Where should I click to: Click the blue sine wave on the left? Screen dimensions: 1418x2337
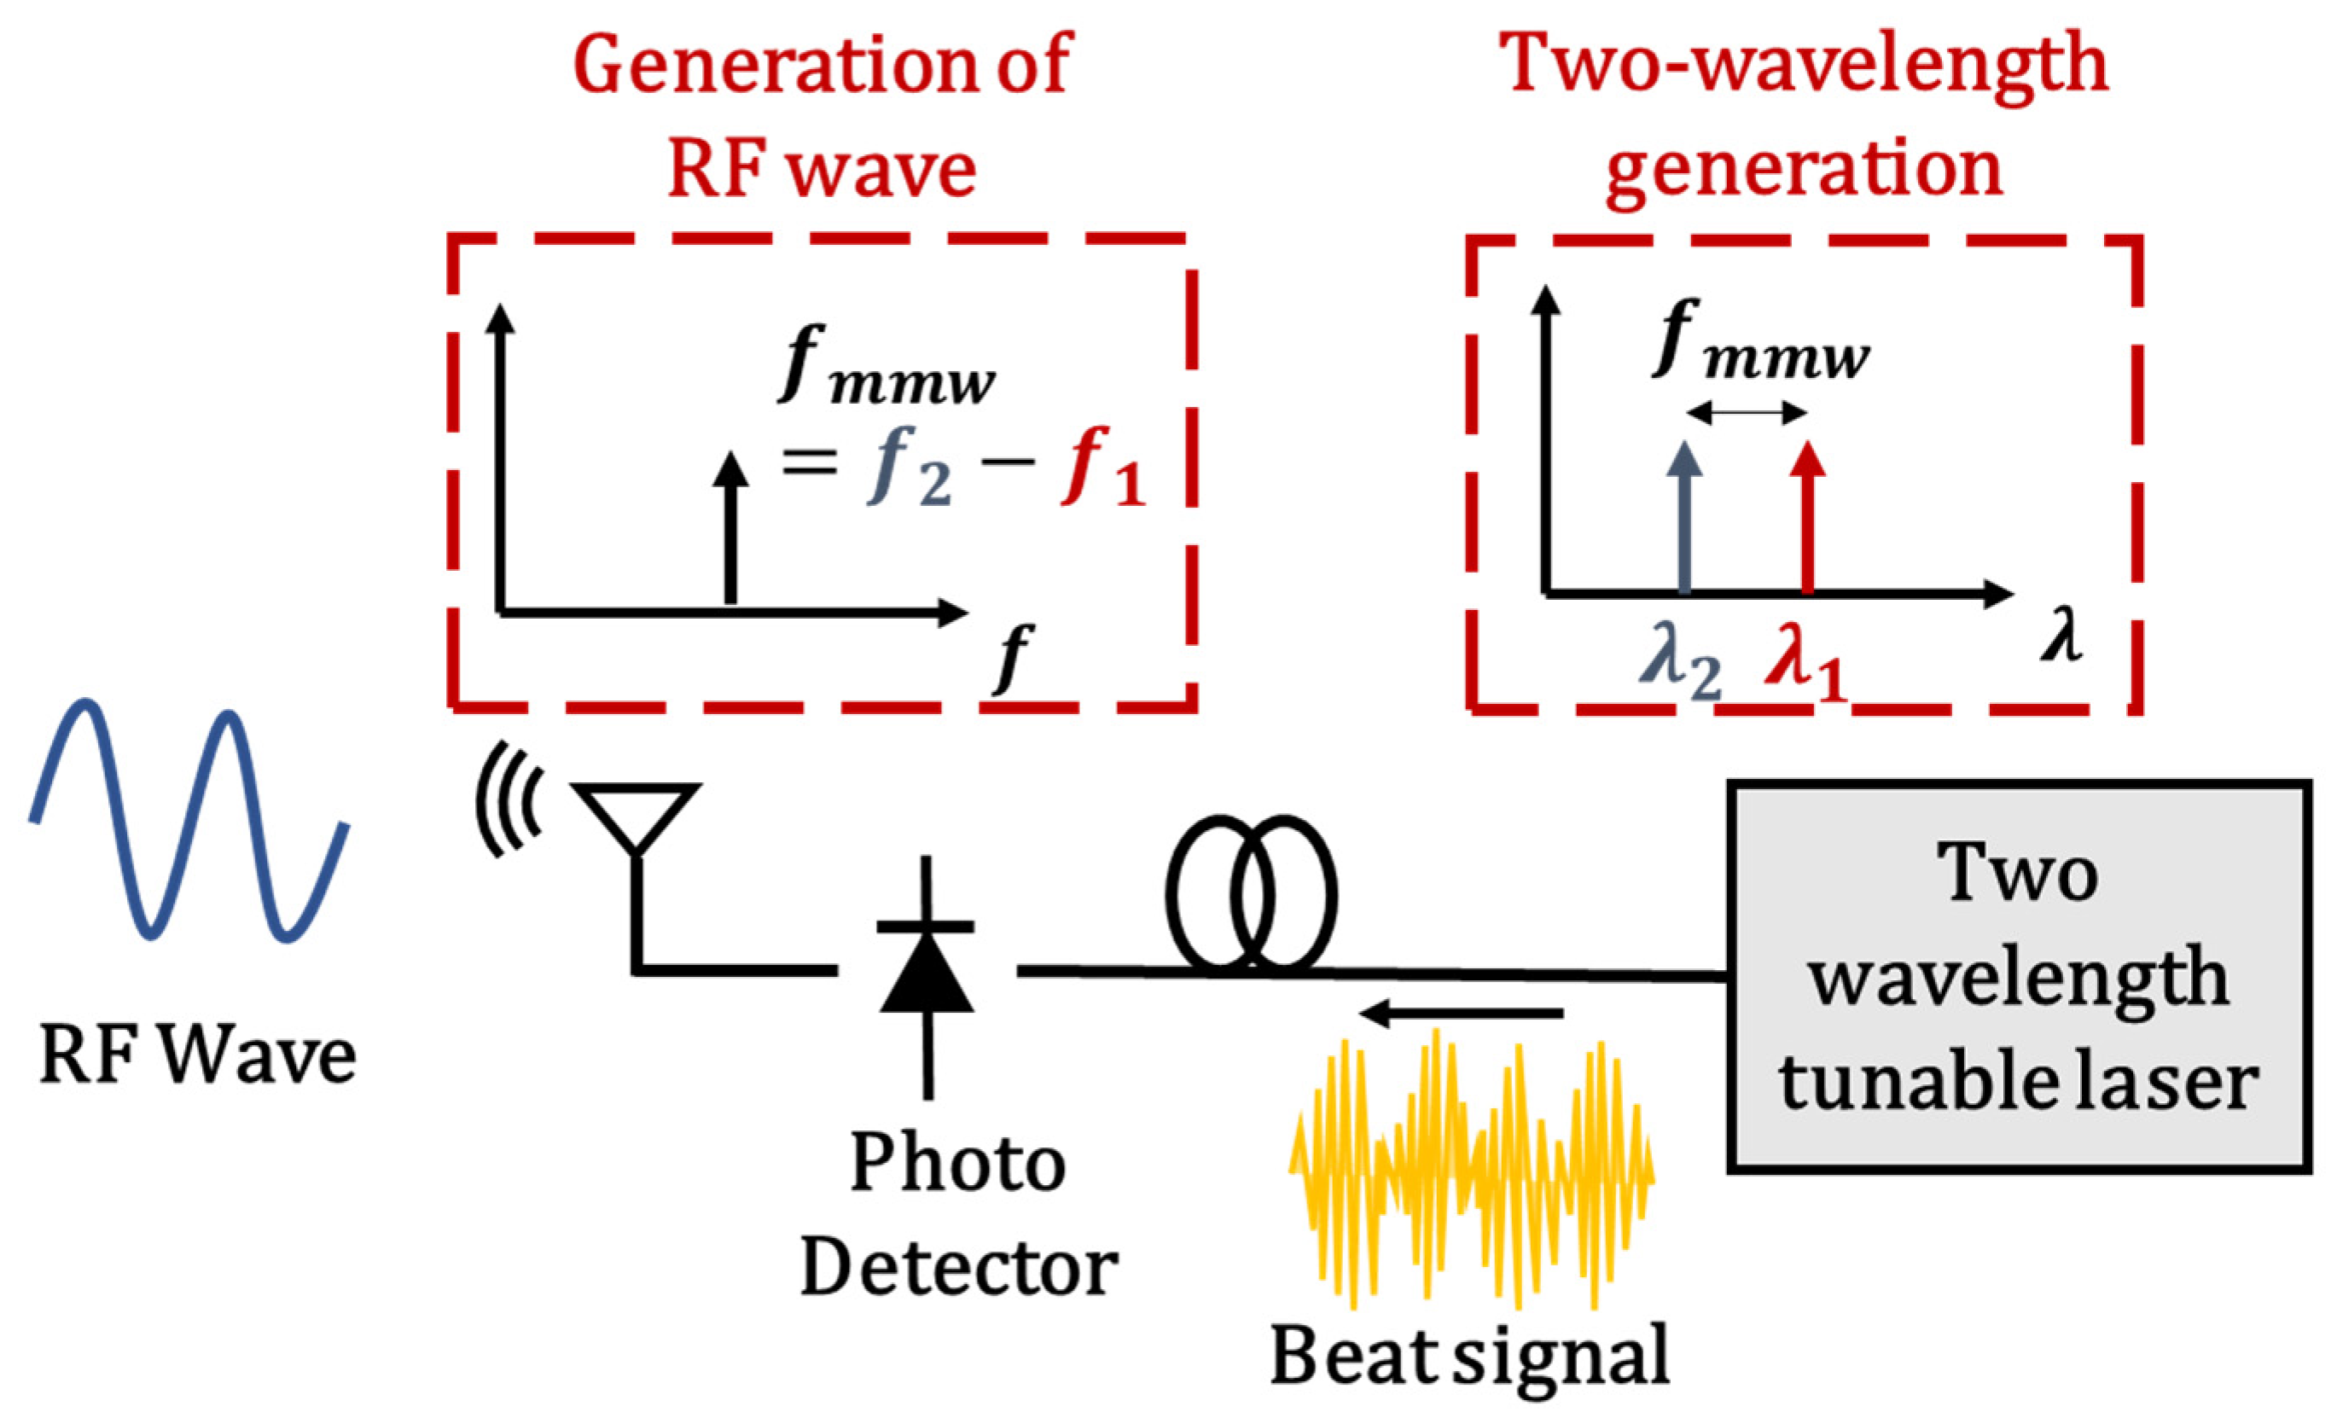point(189,821)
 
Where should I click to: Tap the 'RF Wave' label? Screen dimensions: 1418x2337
point(197,1055)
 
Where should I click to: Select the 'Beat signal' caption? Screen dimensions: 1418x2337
point(1470,1357)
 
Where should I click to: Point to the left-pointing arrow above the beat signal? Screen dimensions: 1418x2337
point(1461,1013)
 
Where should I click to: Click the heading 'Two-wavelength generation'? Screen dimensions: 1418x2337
point(1802,113)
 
